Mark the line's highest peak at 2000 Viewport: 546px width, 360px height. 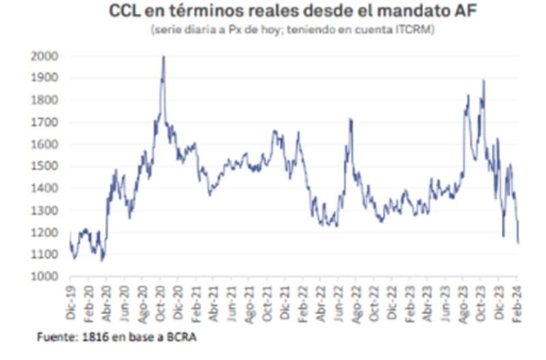163,57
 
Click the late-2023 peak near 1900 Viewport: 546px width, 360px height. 484,81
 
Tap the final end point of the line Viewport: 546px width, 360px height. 518,243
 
